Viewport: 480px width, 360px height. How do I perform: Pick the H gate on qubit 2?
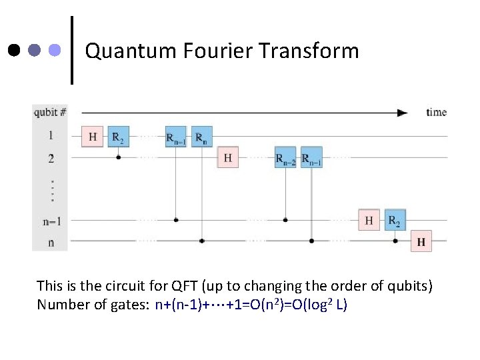(228, 157)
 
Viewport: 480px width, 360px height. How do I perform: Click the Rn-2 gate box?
(285, 157)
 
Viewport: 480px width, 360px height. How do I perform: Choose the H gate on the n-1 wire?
(369, 219)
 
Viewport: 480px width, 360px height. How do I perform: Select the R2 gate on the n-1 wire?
(395, 219)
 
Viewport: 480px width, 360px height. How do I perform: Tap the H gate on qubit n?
(421, 241)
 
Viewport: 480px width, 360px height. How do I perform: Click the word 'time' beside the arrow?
(436, 112)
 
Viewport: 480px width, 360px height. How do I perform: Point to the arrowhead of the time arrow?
(402, 113)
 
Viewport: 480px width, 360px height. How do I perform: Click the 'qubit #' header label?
(50, 112)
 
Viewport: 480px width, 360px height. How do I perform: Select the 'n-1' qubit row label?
(50, 220)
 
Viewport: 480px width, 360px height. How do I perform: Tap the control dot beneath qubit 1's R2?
(118, 158)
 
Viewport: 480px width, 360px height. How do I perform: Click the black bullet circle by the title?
(15, 50)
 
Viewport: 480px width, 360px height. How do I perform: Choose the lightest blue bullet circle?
(55, 50)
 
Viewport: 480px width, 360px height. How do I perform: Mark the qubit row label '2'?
(51, 159)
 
